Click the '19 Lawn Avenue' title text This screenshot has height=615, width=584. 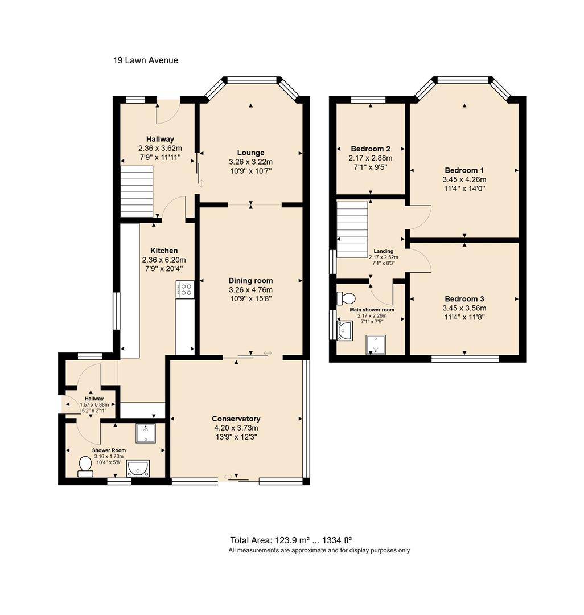(x=145, y=60)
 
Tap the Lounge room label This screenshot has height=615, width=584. (x=250, y=153)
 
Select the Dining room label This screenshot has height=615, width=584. (x=250, y=280)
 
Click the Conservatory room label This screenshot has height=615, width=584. (x=236, y=419)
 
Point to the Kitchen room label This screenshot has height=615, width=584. (x=164, y=251)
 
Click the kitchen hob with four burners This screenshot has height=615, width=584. (x=186, y=289)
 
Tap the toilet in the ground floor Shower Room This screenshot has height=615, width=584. (x=85, y=468)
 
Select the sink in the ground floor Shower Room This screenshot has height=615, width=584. (x=138, y=468)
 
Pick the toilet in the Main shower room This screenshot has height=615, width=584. (x=346, y=298)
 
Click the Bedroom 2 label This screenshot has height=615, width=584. (x=370, y=149)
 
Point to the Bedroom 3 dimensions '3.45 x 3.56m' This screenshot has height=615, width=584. (x=464, y=308)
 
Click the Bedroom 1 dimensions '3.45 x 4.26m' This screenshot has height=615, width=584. (x=464, y=179)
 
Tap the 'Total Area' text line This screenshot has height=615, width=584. (x=295, y=540)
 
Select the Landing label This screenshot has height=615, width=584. (x=383, y=251)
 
